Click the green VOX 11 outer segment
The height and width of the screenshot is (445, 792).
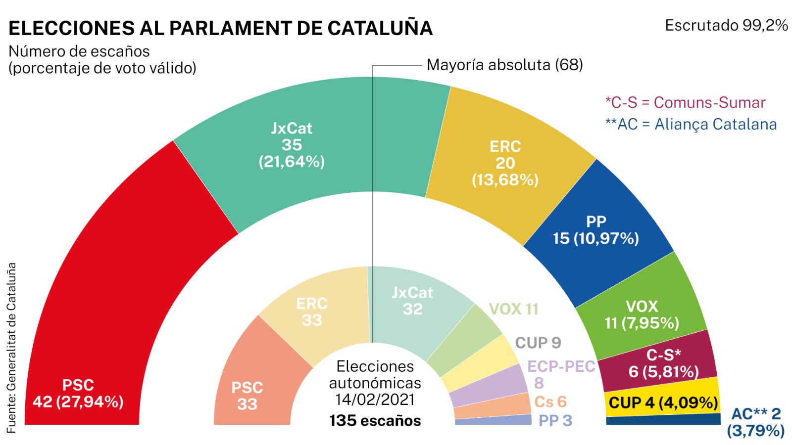click(x=642, y=314)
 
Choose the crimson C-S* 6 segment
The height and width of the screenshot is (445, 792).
click(x=663, y=363)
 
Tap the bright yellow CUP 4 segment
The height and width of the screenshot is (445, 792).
click(x=663, y=402)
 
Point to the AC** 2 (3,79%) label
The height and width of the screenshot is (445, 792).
click(x=756, y=422)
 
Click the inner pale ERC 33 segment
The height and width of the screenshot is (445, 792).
click(x=312, y=311)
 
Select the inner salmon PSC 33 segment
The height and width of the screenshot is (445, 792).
click(x=247, y=396)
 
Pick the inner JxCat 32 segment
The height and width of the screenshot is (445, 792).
click(x=412, y=302)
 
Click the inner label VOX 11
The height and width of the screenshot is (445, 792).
click(x=513, y=309)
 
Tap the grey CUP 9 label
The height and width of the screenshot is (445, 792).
click(x=538, y=343)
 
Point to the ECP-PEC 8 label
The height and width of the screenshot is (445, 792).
click(x=561, y=373)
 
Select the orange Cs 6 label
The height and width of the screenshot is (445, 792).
click(x=550, y=401)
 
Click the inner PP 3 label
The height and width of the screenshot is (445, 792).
click(x=555, y=420)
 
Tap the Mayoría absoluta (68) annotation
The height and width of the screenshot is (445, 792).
click(x=504, y=65)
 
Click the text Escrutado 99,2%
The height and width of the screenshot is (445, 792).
click(x=726, y=25)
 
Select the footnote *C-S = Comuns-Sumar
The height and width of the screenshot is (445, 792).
click(x=685, y=102)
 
